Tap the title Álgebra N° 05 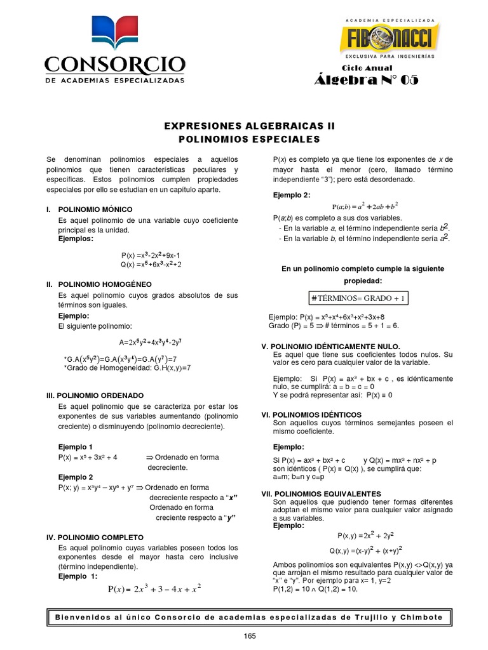(x=367, y=80)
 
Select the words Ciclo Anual (x=367, y=68)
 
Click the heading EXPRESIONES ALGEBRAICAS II (x=245, y=126)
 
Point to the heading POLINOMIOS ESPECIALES (x=245, y=139)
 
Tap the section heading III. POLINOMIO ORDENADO (x=98, y=395)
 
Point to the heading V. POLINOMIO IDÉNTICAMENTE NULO (x=331, y=346)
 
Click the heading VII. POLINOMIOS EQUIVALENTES (x=322, y=493)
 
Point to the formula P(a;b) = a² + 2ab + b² (x=365, y=206)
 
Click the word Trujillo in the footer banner (x=382, y=617)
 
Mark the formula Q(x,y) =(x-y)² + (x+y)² (x=365, y=550)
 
